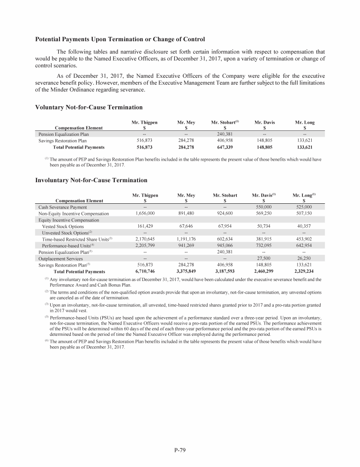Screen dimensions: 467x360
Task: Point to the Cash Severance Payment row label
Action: [62, 207]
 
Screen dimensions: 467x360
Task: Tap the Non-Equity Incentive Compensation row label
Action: [74, 214]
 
